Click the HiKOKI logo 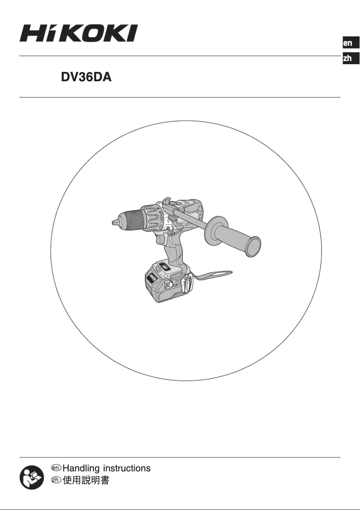[x=78, y=34]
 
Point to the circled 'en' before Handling [x=56, y=468]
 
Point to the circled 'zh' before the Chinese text [x=56, y=481]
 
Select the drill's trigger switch [x=161, y=241]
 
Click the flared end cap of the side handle [x=253, y=248]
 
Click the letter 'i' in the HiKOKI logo [x=53, y=34]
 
